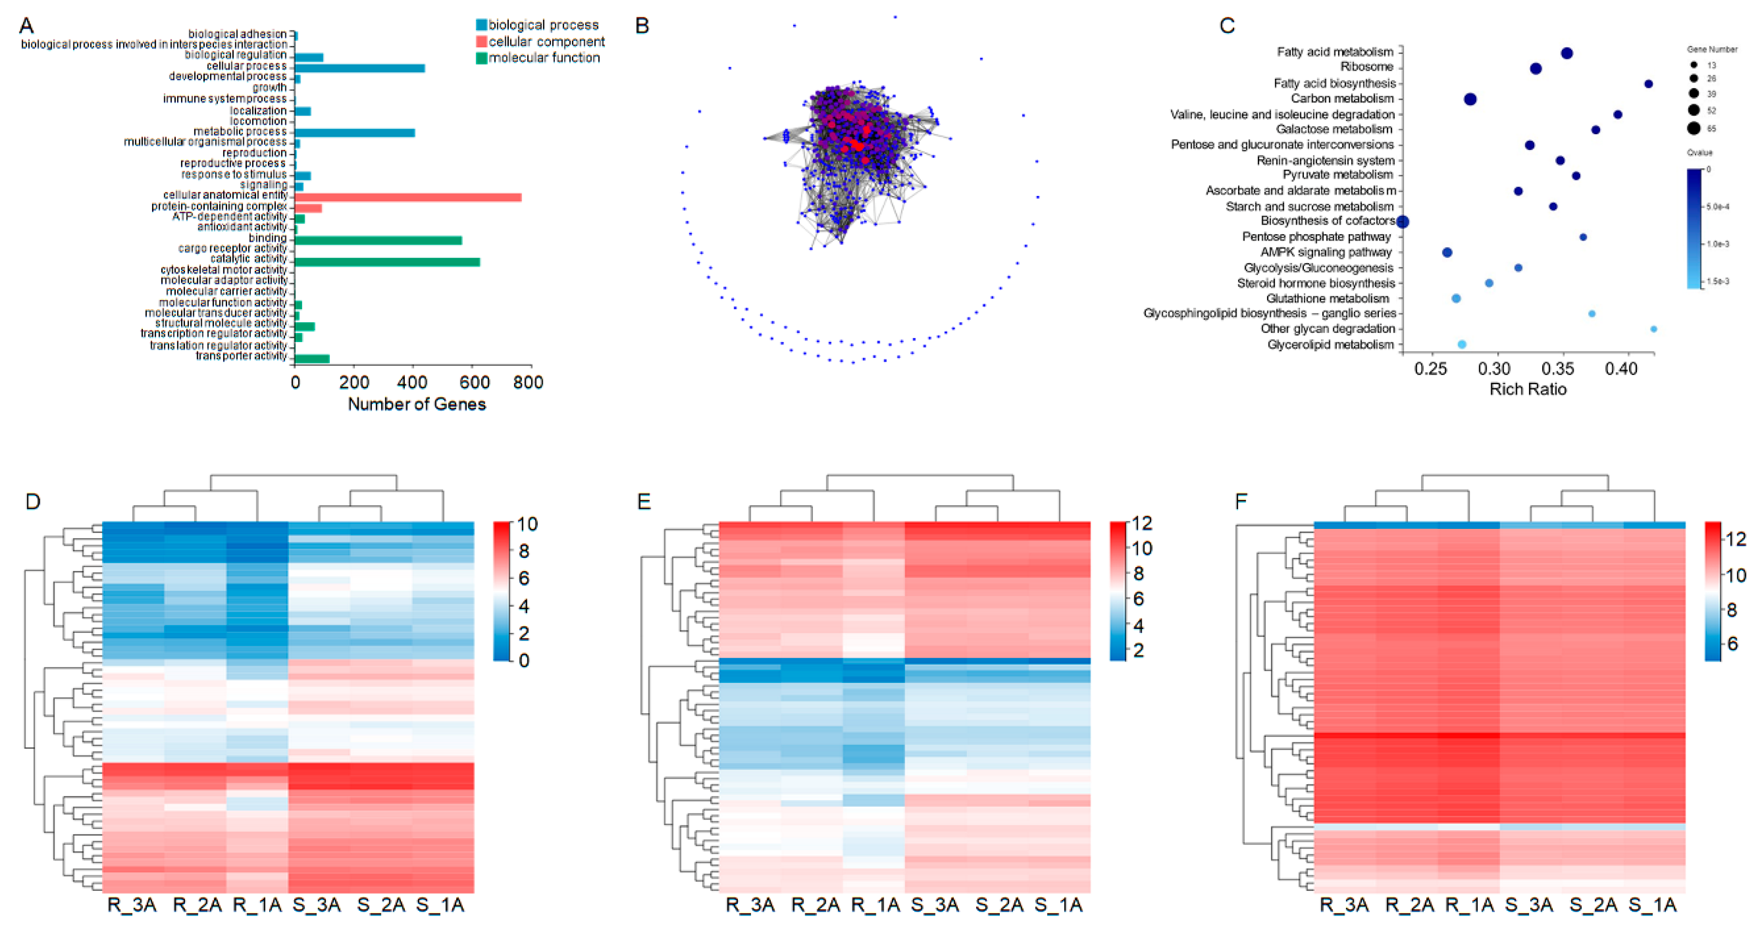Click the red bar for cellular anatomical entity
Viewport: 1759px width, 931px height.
tap(408, 197)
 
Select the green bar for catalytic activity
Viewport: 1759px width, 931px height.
tap(386, 262)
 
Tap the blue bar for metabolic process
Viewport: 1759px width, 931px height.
tap(354, 133)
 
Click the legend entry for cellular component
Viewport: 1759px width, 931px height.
tap(546, 42)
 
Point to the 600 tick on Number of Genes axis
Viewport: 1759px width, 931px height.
tap(474, 382)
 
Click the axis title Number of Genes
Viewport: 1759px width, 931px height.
tap(416, 404)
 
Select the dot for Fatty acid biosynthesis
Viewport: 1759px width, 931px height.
tap(1649, 84)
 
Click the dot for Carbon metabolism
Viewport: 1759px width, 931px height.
tap(1470, 100)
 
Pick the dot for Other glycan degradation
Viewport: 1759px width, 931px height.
tap(1653, 329)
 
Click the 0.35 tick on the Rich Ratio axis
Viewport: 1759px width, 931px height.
tap(1558, 369)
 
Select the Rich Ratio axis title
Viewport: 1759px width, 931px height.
tap(1528, 389)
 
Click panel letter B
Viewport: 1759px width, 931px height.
tap(642, 26)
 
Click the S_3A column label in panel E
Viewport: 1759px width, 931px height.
tap(935, 905)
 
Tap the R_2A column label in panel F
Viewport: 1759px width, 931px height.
tap(1409, 905)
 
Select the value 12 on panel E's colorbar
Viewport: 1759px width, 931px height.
tap(1142, 524)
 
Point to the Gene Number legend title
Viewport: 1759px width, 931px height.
tap(1712, 49)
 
